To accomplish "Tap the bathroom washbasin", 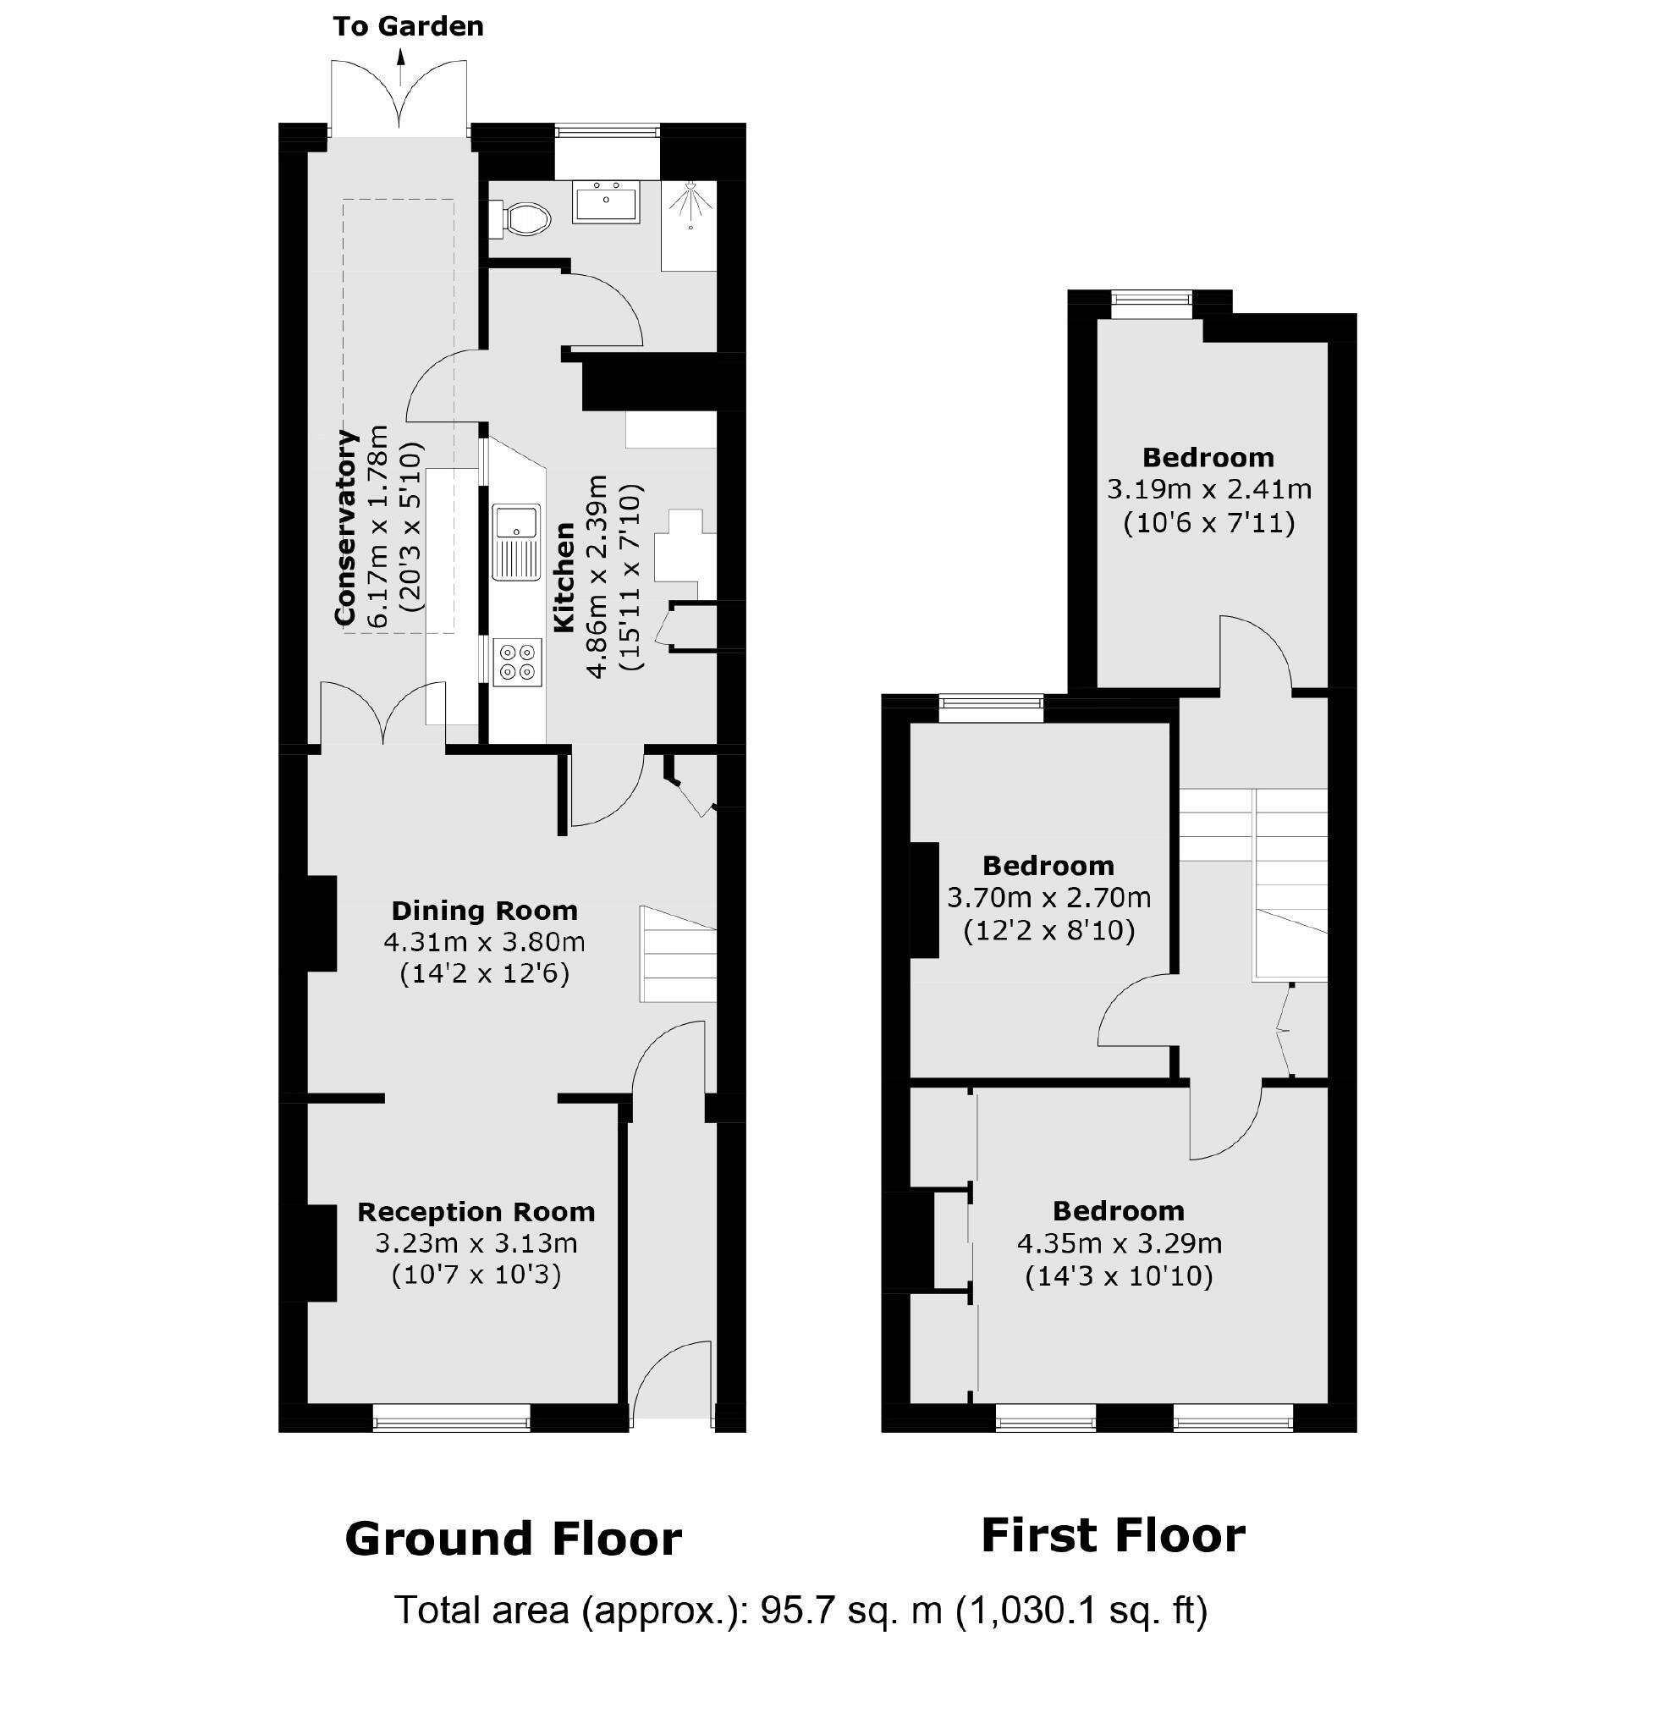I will click(606, 202).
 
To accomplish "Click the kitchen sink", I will click(515, 542).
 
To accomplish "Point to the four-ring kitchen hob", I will click(516, 663).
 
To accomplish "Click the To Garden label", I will click(408, 26).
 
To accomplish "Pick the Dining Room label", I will click(484, 911).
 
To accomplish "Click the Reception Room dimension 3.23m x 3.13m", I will click(476, 1242).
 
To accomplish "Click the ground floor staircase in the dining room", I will click(679, 955).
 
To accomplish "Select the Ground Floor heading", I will click(513, 1540).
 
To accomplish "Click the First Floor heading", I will click(1113, 1535).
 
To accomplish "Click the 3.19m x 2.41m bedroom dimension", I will click(1208, 488).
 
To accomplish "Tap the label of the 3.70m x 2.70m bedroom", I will click(1048, 866).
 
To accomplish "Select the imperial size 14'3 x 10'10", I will click(1119, 1277).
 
